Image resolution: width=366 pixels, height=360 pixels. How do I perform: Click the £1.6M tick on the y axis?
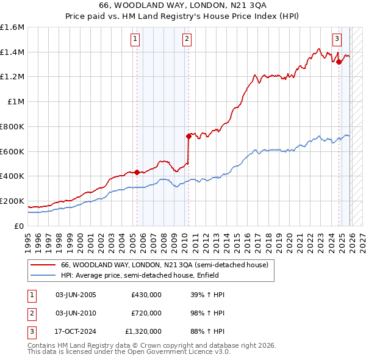tap(12, 27)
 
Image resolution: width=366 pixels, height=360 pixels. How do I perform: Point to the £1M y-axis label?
tap(16, 102)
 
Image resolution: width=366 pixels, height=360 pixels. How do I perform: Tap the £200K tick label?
tap(12, 201)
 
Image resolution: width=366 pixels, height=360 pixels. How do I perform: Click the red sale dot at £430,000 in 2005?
tap(137, 172)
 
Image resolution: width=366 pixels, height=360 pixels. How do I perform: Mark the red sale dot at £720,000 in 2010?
tap(189, 136)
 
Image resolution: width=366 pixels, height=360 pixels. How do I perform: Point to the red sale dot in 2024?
tap(339, 61)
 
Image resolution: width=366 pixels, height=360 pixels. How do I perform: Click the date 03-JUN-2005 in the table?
tap(76, 295)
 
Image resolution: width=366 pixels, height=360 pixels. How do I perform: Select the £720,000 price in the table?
tap(146, 313)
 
